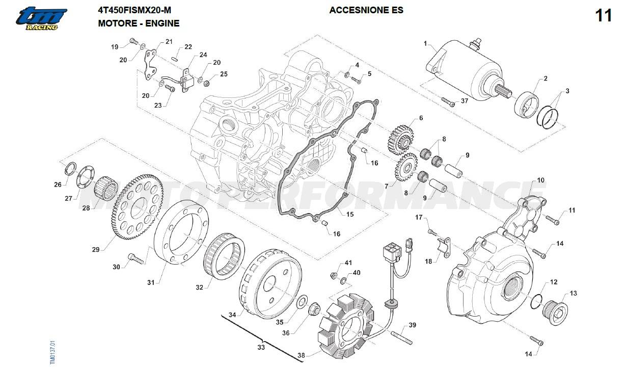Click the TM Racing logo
point(40,19)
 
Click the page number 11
point(603,16)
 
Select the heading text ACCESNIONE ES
point(366,10)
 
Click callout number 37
point(465,101)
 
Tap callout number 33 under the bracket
point(261,348)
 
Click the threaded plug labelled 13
point(555,308)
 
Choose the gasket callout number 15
point(350,215)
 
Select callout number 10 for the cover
point(540,180)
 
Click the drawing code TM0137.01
point(52,353)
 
